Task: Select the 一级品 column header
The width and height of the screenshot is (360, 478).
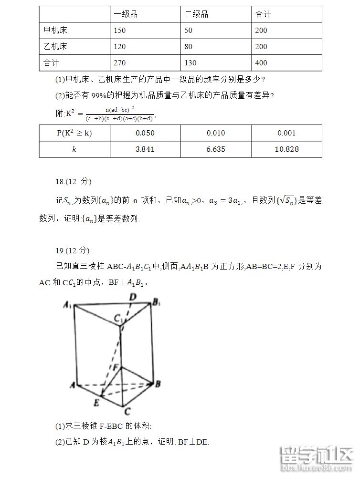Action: pyautogui.click(x=126, y=14)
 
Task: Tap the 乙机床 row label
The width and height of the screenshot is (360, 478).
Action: pyautogui.click(x=55, y=47)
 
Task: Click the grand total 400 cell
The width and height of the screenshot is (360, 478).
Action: pyautogui.click(x=261, y=63)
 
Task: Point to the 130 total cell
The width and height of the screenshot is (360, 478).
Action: pyautogui.click(x=190, y=63)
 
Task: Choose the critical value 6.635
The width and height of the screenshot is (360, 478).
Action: pyautogui.click(x=216, y=149)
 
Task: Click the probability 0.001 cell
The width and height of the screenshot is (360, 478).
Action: pyautogui.click(x=286, y=133)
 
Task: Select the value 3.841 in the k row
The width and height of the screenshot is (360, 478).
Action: pyautogui.click(x=145, y=149)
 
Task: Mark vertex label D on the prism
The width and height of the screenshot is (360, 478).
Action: pyautogui.click(x=133, y=297)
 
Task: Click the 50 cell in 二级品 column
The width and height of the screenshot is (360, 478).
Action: pyautogui.click(x=188, y=31)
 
